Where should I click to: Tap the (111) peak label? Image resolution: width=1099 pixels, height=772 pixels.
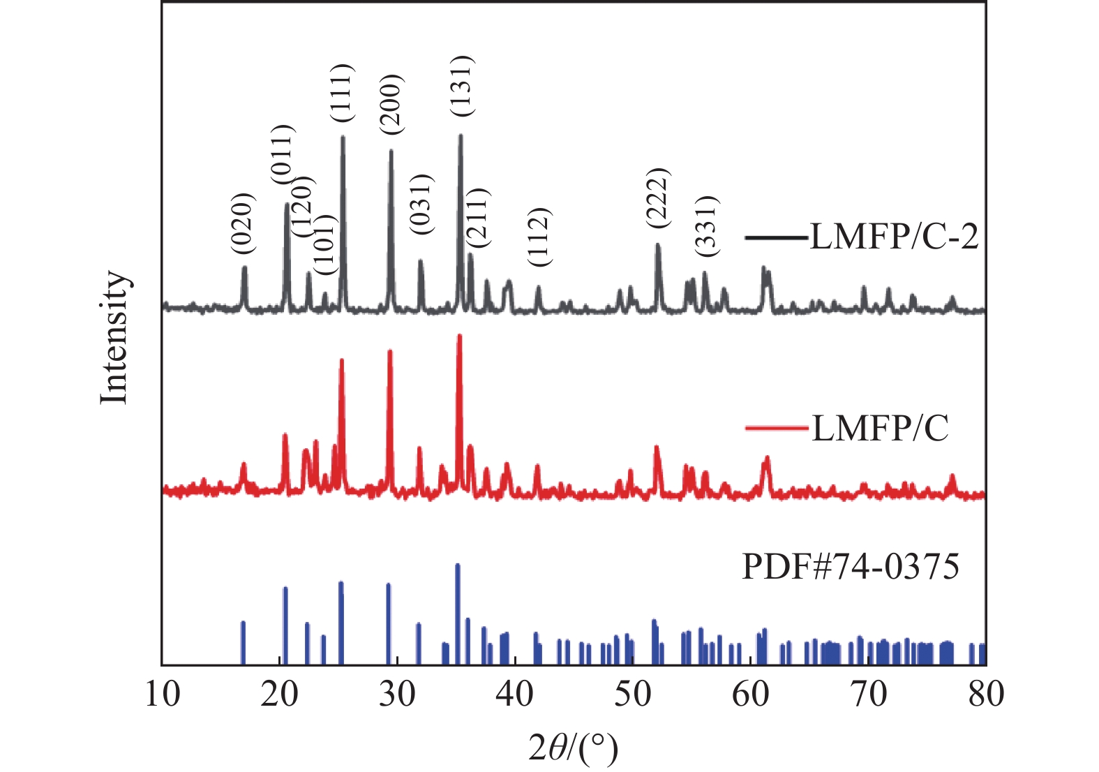(343, 93)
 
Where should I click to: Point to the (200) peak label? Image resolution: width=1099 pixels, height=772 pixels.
(391, 103)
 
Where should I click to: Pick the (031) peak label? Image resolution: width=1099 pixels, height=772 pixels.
(421, 203)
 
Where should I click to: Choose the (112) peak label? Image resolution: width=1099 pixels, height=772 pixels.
(539, 237)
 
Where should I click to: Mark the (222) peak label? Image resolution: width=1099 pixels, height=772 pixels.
(657, 198)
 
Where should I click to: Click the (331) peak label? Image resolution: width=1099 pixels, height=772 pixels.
(705, 224)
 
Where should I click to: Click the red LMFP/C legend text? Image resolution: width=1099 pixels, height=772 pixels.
(880, 427)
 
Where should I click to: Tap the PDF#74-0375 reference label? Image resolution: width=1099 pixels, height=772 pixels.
(850, 566)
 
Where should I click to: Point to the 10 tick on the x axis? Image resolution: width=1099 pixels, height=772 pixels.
(163, 694)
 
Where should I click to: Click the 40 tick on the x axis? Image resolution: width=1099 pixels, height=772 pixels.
(516, 694)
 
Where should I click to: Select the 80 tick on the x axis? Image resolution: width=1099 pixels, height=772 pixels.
(985, 694)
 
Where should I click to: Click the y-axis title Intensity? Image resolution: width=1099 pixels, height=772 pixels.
(114, 337)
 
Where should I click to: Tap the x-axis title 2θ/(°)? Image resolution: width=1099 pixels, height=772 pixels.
(573, 749)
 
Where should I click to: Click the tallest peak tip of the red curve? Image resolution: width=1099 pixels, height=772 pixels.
(459, 336)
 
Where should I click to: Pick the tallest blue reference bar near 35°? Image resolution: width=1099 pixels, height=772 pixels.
(458, 565)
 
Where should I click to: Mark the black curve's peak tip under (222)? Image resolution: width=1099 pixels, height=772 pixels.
(657, 245)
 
